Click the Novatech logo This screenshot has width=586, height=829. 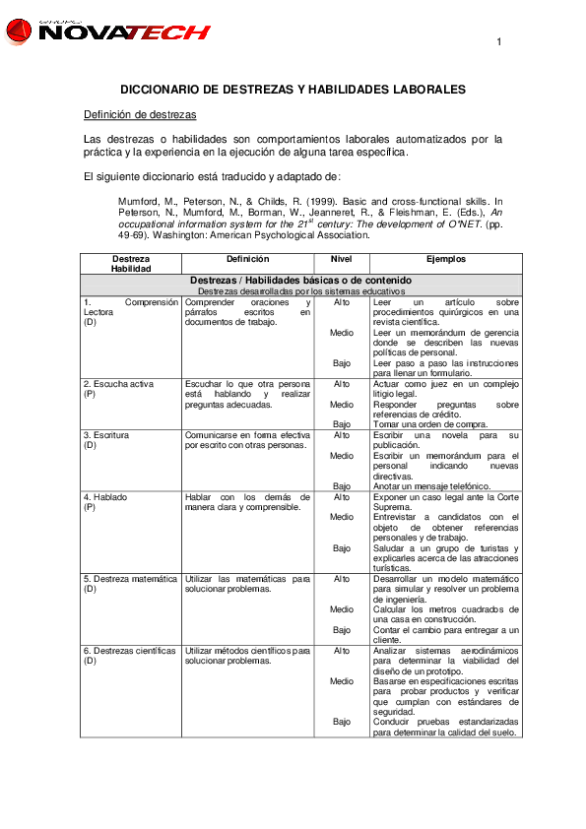tap(107, 32)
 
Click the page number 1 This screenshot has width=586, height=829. tap(499, 41)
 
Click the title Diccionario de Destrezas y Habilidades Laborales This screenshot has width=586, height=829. tap(293, 90)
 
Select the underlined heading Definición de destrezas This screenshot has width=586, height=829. tap(140, 115)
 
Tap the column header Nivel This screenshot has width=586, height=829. tap(341, 259)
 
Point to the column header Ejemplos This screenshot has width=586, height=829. tap(446, 259)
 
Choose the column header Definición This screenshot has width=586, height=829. tap(246, 259)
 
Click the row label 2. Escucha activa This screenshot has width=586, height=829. tap(115, 384)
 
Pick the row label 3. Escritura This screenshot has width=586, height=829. tap(106, 435)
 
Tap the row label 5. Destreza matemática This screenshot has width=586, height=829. tap(129, 579)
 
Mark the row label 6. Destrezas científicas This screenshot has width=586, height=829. tap(129, 651)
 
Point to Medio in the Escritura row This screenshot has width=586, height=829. tap(341, 456)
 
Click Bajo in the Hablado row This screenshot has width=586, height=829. tap(341, 548)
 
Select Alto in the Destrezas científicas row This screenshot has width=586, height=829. tap(341, 651)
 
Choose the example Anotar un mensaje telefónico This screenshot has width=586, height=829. tap(431, 486)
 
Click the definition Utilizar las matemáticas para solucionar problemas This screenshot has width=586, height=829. tap(246, 584)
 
